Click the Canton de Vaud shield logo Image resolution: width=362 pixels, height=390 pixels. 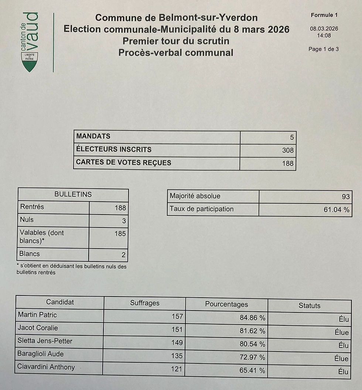pos(30,62)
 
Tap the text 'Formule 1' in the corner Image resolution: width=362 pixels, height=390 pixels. pos(324,15)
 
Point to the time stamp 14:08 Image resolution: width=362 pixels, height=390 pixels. pos(324,36)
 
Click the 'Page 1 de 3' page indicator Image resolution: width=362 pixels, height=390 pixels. pos(323,49)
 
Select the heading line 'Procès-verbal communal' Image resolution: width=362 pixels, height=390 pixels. pos(176,53)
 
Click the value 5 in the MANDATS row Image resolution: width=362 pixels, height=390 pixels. pos(292,137)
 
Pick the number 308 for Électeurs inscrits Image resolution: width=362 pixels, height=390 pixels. pos(288,150)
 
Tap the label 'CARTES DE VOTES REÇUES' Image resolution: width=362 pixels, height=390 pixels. pos(123,162)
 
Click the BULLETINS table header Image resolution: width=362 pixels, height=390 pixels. pos(73,194)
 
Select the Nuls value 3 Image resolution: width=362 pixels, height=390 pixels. pos(124,221)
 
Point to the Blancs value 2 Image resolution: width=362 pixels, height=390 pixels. pos(123,255)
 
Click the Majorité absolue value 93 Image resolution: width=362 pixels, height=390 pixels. pos(345,196)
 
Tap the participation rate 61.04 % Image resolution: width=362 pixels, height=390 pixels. pos(336,210)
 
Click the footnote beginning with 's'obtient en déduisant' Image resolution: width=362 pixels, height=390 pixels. pos(71,269)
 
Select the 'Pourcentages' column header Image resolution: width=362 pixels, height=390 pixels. pos(226,304)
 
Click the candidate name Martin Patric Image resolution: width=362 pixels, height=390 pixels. pos(37,315)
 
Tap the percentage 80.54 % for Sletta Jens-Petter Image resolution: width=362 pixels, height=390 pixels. pos(252,344)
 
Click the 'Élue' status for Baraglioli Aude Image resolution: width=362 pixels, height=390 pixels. pos(341,358)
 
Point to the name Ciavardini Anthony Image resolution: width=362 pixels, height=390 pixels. pos(46,367)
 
